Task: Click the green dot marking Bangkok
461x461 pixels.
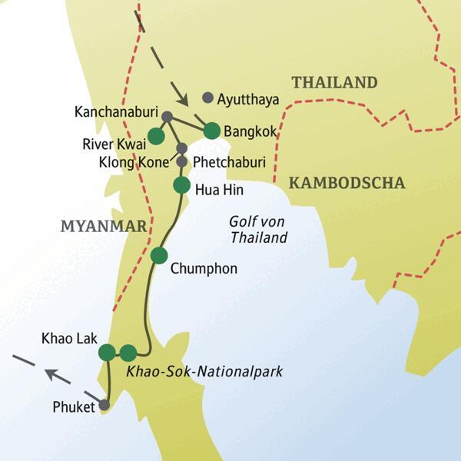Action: coord(211,131)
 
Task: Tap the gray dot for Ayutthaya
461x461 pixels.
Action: coord(207,98)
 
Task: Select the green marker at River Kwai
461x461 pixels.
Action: coord(156,136)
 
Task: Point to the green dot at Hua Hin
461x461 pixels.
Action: coord(181,185)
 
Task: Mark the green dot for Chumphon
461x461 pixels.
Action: coord(159,255)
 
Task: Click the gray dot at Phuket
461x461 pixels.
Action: coord(104,405)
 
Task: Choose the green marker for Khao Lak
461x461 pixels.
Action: coord(107,353)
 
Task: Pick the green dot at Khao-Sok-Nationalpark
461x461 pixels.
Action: coord(128,353)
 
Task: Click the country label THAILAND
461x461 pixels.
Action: coord(333,83)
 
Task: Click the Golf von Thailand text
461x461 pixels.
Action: coord(258,229)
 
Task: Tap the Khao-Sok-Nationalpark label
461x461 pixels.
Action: coord(203,372)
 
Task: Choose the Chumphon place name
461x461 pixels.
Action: coord(204,269)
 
